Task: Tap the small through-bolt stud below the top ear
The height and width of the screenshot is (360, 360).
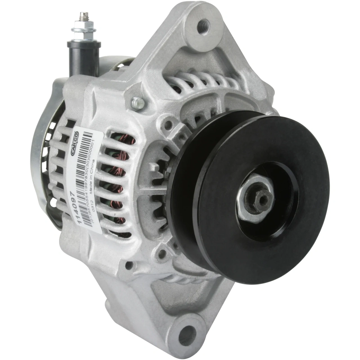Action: tap(136, 102)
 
